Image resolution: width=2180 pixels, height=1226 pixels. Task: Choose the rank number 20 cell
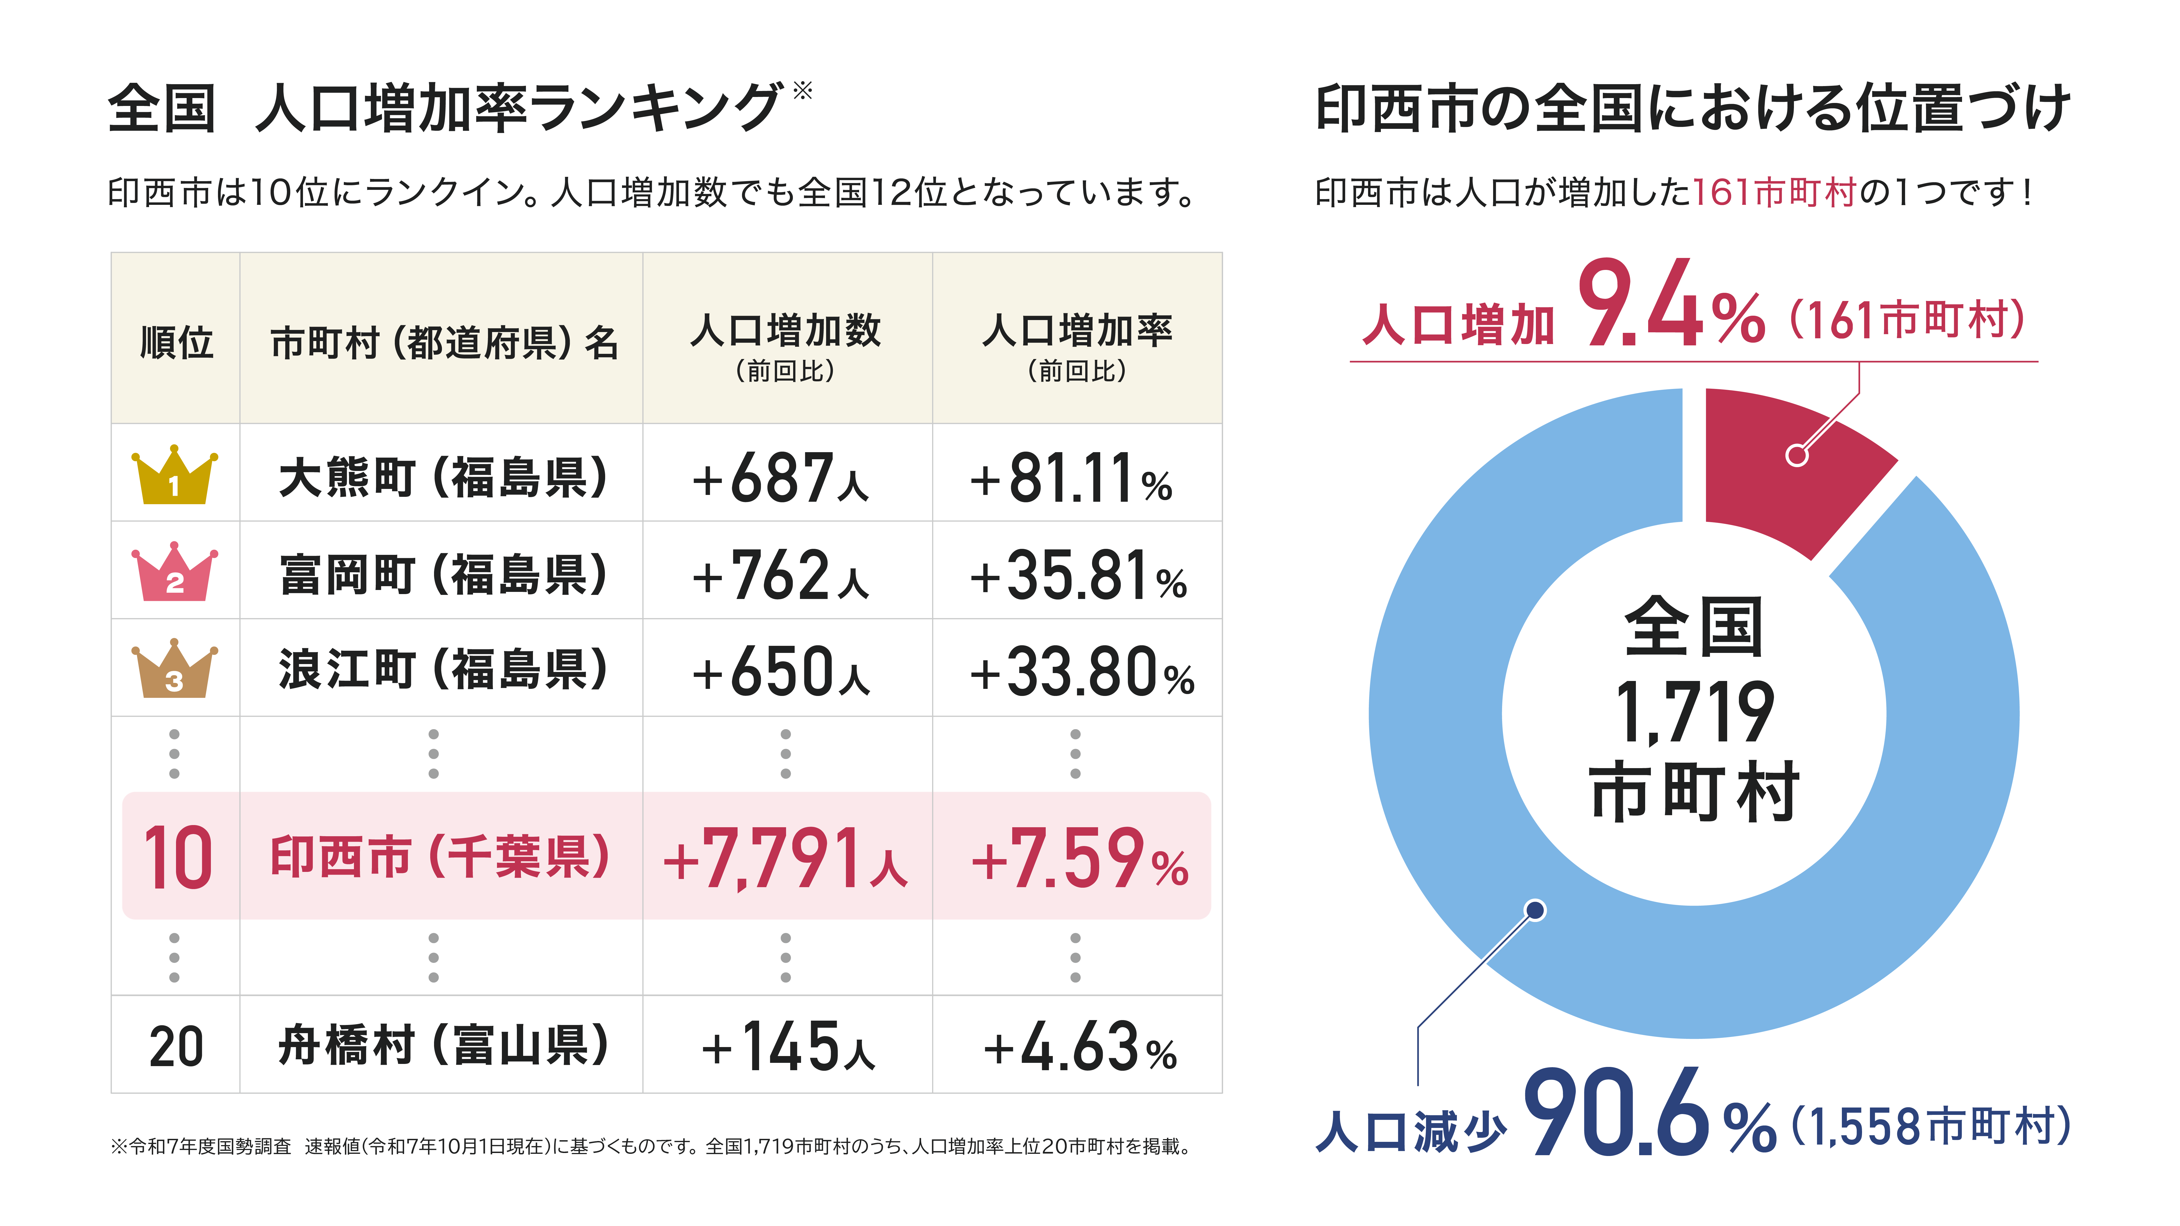pyautogui.click(x=176, y=1046)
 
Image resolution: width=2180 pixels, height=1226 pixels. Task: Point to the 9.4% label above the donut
pyautogui.click(x=1671, y=305)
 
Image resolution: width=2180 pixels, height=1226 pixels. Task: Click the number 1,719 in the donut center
pyautogui.click(x=1694, y=712)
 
